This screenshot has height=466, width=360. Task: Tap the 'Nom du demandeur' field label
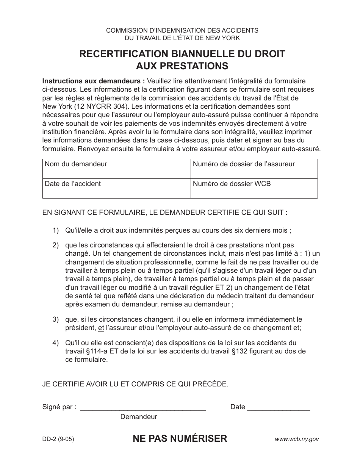coord(76,164)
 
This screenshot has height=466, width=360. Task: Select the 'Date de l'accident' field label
coord(73,184)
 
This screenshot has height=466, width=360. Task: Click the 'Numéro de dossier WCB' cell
coord(232,184)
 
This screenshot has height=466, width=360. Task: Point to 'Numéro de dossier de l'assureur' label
coord(244,164)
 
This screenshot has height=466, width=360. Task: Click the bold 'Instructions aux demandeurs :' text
coord(94,81)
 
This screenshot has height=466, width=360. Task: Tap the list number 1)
coord(56,230)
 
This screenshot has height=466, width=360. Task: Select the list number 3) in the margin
coord(56,320)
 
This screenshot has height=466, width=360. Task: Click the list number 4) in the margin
coord(56,343)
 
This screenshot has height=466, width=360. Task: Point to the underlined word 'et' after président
coord(101,328)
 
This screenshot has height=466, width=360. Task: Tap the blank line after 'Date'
coord(279,408)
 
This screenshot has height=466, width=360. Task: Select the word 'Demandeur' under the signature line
coord(139,417)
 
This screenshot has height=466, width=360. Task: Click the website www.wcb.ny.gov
coord(297,439)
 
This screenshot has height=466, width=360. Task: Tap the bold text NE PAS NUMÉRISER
coord(180,439)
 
